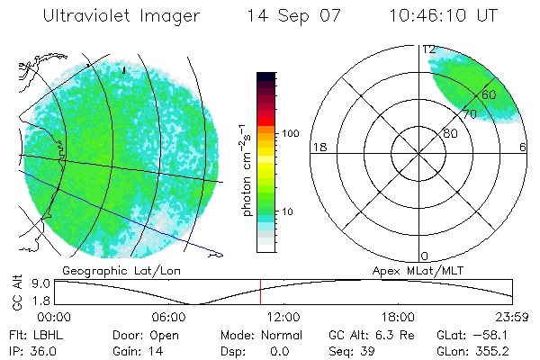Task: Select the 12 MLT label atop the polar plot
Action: point(429,49)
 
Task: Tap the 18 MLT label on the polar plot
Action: point(318,147)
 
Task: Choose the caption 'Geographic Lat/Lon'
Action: point(109,270)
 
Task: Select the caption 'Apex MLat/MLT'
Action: point(409,270)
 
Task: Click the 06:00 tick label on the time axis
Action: point(171,317)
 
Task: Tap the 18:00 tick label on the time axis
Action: point(398,317)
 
